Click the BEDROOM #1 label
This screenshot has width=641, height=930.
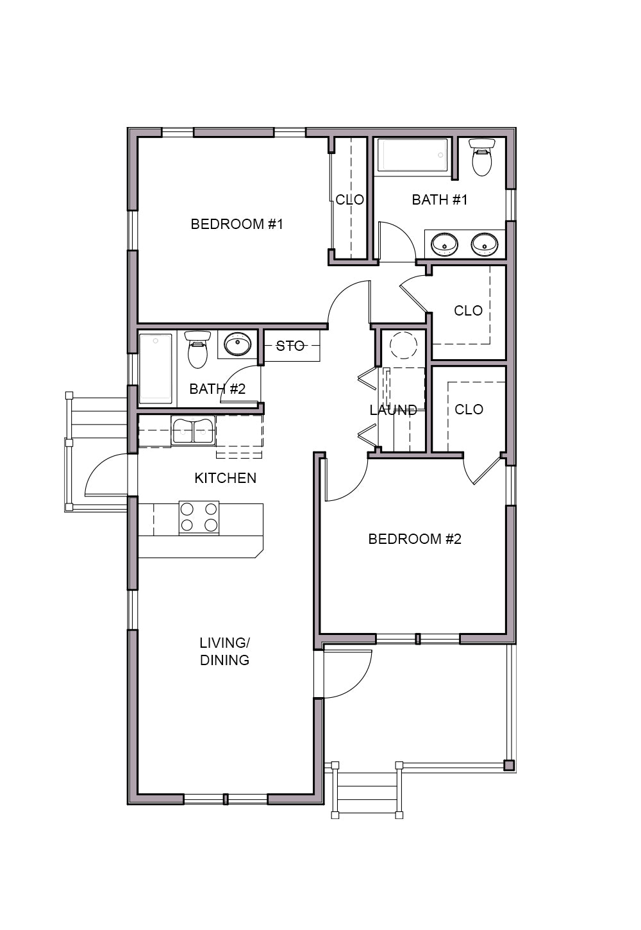237,224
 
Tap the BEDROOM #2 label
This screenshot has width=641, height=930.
415,539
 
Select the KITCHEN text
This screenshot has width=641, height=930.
225,478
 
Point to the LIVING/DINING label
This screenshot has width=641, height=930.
224,651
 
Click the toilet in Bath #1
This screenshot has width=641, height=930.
481,157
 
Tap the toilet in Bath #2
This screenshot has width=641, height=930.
197,349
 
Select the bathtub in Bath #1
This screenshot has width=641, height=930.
415,155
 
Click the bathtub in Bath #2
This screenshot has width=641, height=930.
156,368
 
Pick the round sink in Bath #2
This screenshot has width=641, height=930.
237,344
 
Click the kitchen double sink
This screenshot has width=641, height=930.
193,431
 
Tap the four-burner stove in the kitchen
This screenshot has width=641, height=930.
199,518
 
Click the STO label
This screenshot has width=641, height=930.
290,346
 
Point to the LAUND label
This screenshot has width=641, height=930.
394,410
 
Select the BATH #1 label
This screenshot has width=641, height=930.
439,199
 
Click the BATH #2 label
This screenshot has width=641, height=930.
217,389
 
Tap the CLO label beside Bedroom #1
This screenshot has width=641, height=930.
350,199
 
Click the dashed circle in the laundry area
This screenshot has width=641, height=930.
403,345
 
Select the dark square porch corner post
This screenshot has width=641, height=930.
509,765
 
